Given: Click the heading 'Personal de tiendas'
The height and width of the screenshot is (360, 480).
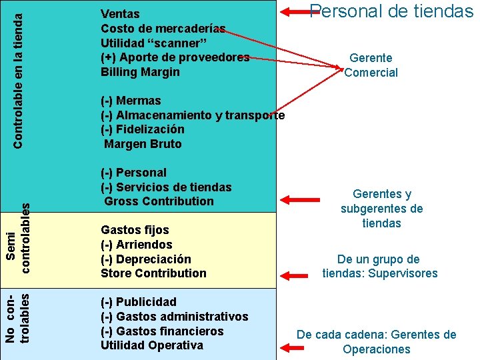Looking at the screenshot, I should (392, 11).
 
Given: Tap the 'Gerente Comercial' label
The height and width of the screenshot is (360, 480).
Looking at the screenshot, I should (371, 65).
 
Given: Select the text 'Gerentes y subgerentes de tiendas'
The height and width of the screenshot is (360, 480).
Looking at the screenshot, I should (381, 209).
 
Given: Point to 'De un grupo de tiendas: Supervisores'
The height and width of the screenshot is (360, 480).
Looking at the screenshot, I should (379, 266).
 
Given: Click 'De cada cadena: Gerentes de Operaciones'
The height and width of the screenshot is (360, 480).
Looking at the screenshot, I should (377, 342).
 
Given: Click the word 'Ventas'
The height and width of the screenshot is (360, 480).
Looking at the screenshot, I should (120, 14).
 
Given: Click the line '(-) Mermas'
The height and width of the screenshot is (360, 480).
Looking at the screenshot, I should (131, 101).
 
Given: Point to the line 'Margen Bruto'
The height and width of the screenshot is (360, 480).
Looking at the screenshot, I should (143, 144).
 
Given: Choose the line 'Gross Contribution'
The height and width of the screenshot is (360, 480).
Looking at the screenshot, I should (159, 201).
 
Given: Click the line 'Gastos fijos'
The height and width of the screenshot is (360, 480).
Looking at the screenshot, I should (135, 230).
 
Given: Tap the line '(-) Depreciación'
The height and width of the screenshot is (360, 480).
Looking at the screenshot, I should (145, 259).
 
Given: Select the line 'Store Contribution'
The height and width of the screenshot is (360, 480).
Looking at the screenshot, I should (153, 273).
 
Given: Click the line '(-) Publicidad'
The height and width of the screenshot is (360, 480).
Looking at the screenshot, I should (138, 302).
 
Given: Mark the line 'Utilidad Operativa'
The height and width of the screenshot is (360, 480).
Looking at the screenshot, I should (151, 345).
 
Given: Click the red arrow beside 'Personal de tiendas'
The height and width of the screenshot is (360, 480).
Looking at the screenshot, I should (294, 11).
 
